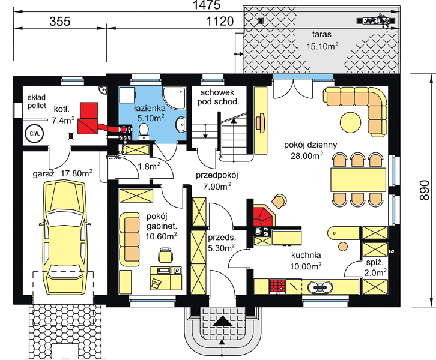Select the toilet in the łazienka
144,131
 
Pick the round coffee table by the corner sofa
350,122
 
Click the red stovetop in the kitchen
277,286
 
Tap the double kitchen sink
319,286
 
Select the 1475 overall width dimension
207,5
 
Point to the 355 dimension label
60,22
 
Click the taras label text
322,34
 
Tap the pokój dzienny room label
310,145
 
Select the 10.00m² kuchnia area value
306,266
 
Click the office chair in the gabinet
165,254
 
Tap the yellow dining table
358,179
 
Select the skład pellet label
37,101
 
